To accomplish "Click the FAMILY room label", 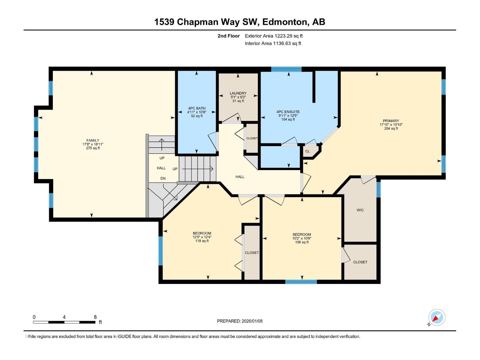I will pos(93,140).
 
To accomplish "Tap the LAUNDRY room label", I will pos(238,93).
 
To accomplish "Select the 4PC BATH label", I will pos(197,108).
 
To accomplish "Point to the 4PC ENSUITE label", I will pos(288,112).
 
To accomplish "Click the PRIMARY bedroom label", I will pos(391,121).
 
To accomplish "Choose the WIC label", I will pos(360,210).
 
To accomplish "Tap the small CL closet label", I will pos(307,151).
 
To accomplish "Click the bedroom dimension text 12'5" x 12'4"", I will pos(202,237).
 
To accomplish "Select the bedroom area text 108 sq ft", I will pos(302,242).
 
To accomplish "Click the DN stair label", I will pos(163,178).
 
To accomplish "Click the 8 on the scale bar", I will pos(95,317).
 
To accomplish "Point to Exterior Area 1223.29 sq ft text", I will pos(274,36).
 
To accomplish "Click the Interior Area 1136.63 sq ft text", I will pos(273,43).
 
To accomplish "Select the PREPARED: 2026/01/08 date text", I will pos(240,321).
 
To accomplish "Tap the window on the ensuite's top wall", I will pos(286,69).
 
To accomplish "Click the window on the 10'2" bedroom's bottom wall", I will pos(301,282).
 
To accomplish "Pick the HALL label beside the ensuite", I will pos(240,177).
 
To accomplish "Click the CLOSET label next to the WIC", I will pos(360,262).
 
